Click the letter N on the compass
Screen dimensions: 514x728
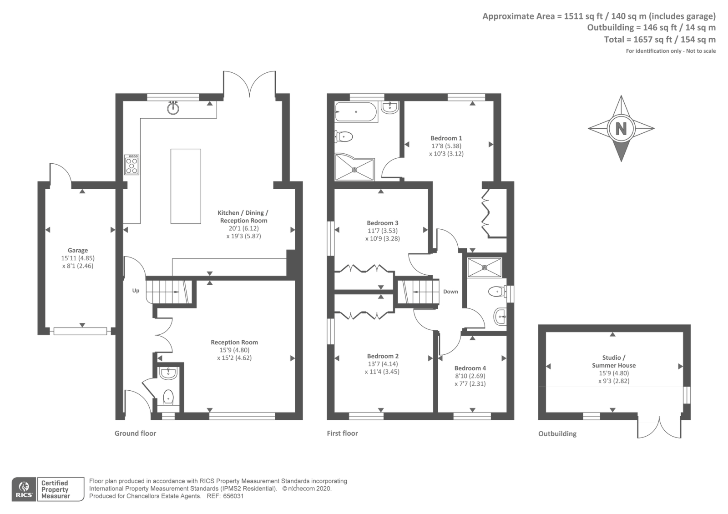[x=621, y=129]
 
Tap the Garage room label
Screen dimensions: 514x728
[x=78, y=250]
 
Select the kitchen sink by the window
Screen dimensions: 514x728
[x=173, y=108]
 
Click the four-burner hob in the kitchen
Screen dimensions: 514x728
[x=132, y=165]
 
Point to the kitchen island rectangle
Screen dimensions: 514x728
[x=186, y=186]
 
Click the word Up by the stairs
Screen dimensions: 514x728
[x=136, y=291]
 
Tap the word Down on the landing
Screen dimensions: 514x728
[x=450, y=292]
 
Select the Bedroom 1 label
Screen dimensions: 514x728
[x=446, y=138]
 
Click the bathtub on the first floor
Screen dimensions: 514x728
[x=356, y=111]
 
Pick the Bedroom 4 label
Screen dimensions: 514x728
[x=470, y=368]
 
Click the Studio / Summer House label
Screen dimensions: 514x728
[x=614, y=361]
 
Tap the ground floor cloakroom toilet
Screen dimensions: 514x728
[x=168, y=397]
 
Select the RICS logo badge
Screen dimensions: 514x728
[x=24, y=489]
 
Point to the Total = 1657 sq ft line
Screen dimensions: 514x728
[x=659, y=40]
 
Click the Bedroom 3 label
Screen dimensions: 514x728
[x=383, y=223]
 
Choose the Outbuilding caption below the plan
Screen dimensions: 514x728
[x=557, y=433]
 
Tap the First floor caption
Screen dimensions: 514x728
[x=342, y=433]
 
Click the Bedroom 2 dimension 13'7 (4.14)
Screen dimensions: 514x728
[x=383, y=364]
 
